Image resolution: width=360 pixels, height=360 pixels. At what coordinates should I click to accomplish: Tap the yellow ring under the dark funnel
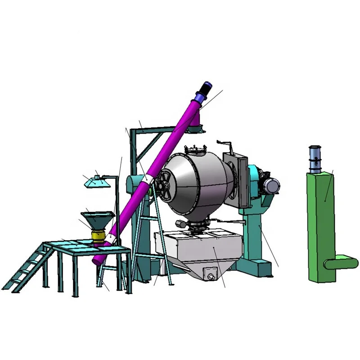pyautogui.click(x=98, y=235)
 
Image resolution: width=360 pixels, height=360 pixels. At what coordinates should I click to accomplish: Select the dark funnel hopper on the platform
pyautogui.click(x=96, y=221)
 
